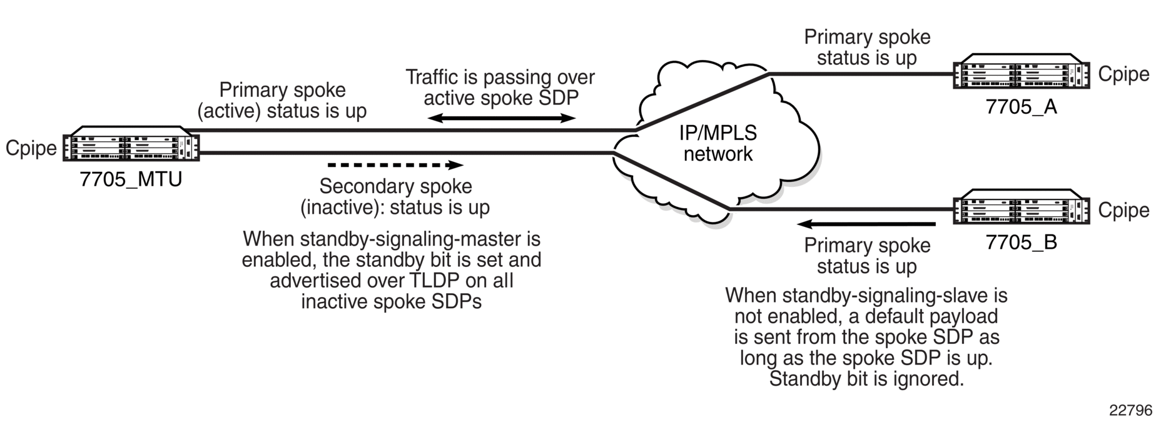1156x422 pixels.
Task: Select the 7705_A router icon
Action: pos(1021,74)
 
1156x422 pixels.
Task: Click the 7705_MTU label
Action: pos(131,179)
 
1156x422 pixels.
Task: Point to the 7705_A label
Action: pos(1021,107)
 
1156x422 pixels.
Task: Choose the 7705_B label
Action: pos(1021,242)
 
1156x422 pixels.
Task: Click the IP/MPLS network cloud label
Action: pos(718,143)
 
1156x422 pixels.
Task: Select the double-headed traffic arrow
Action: pos(502,118)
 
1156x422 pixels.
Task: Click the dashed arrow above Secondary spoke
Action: pos(395,165)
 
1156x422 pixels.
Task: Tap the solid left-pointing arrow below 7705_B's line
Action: pos(866,223)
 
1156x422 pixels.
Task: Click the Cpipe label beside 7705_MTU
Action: pos(31,148)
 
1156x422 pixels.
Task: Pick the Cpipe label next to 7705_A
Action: pos(1123,74)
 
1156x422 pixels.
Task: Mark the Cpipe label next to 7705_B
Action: pos(1123,211)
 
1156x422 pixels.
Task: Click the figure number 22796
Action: pos(1130,410)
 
